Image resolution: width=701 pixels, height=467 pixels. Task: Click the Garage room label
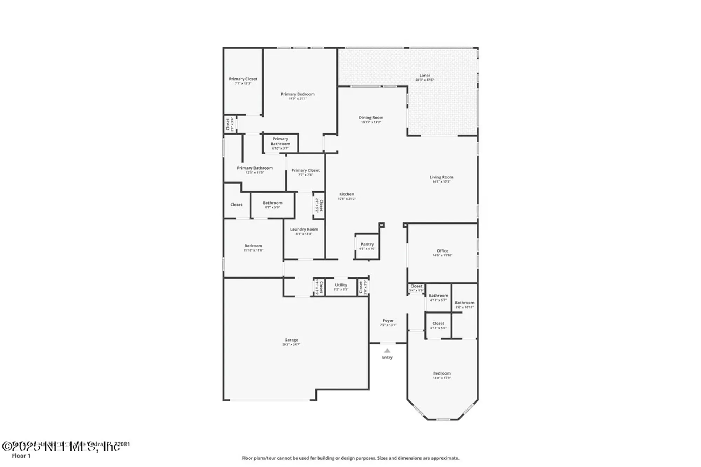click(x=291, y=340)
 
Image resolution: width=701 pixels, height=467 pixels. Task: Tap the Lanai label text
click(x=424, y=75)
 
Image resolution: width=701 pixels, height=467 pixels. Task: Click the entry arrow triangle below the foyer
click(x=387, y=350)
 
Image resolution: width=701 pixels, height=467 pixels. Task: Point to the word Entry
click(x=387, y=357)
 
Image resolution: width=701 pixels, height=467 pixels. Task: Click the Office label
click(x=442, y=251)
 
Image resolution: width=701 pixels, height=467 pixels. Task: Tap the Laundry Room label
click(x=304, y=229)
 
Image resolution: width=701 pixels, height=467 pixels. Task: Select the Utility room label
click(x=341, y=285)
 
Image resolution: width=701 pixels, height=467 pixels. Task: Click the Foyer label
click(x=388, y=321)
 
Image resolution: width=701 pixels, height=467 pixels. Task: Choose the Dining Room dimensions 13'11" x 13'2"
click(x=371, y=122)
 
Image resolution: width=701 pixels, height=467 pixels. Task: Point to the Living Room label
click(x=441, y=177)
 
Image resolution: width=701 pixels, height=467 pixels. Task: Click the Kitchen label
click(x=347, y=194)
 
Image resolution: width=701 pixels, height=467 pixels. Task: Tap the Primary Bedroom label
click(x=298, y=94)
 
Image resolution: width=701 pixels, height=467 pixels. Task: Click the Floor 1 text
click(x=21, y=456)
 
